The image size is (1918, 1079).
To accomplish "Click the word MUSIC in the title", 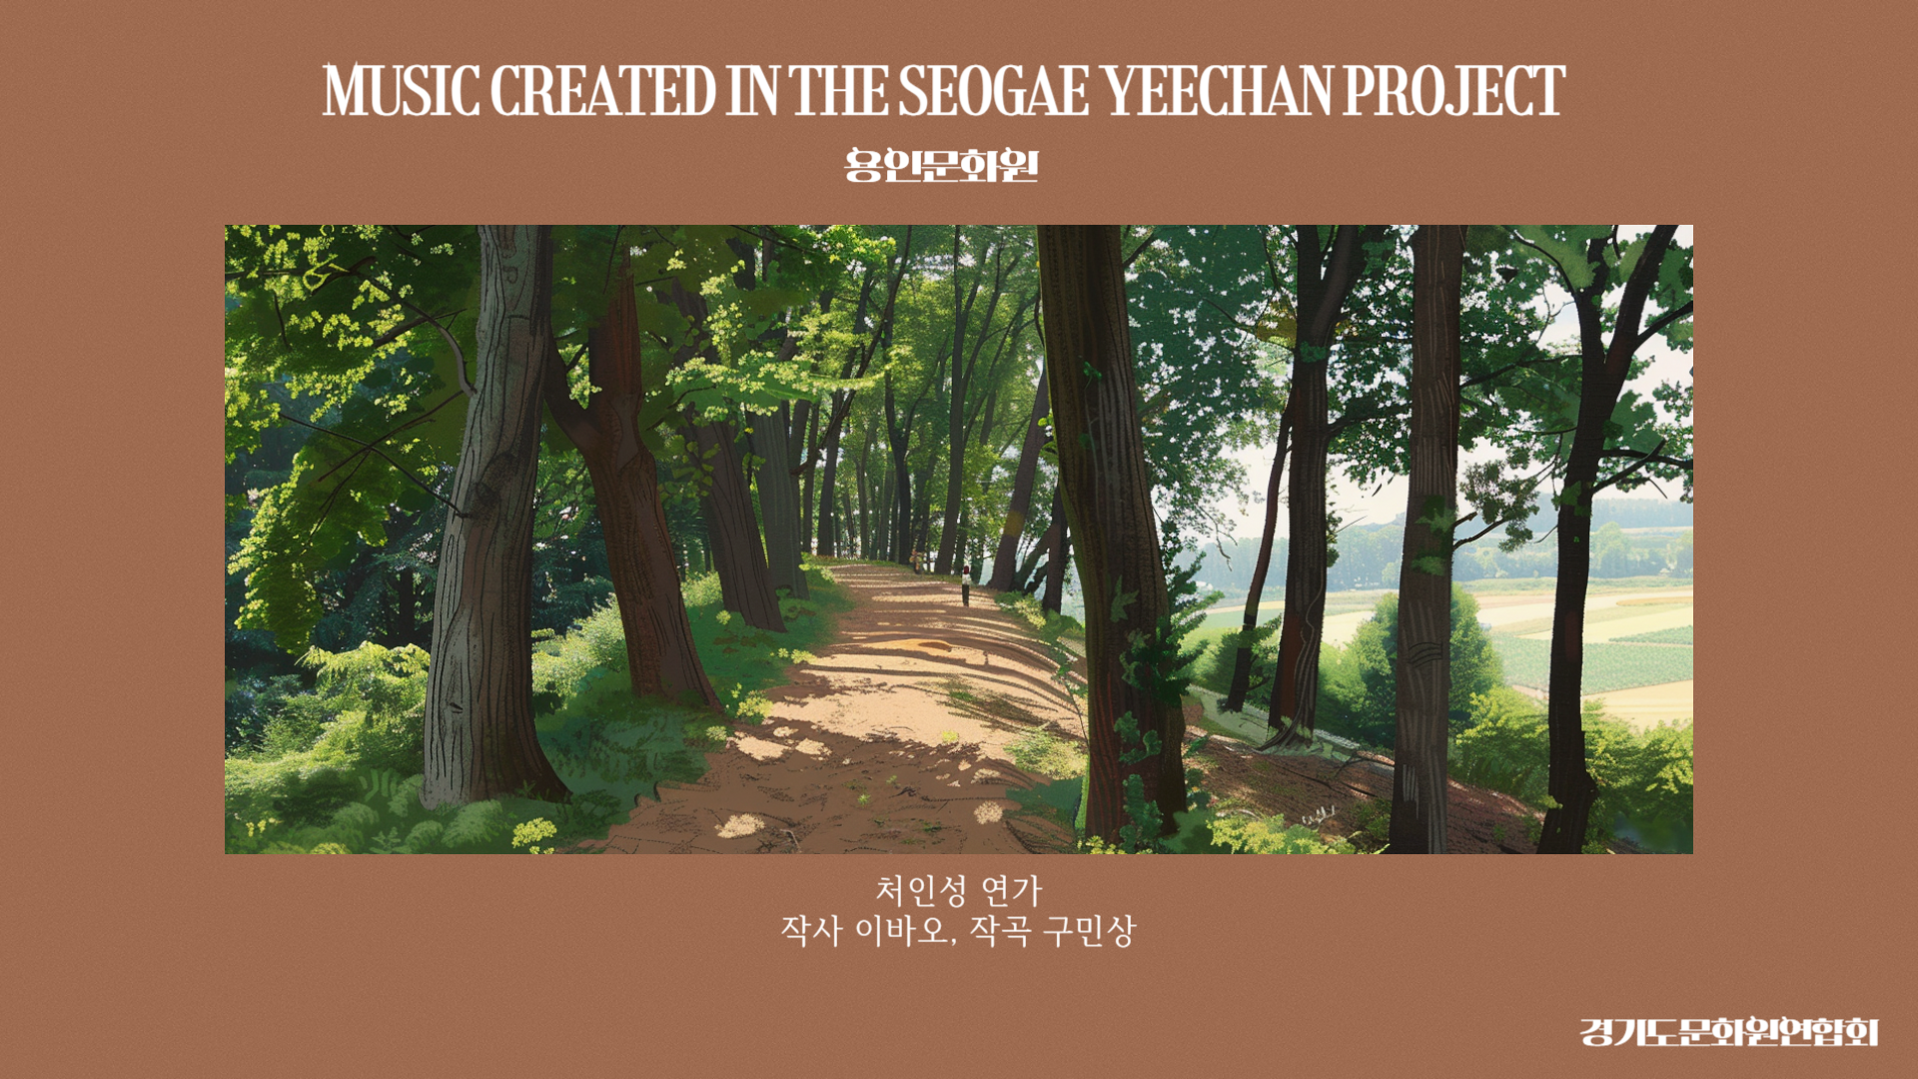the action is [x=401, y=90].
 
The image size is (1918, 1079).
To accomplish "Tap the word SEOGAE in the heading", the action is [x=994, y=90].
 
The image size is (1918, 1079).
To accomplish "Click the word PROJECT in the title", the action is [x=1454, y=90].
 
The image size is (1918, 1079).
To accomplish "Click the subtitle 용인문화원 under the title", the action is [x=942, y=165].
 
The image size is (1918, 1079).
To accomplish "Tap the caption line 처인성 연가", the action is [x=958, y=889].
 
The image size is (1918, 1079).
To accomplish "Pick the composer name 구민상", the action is [x=1090, y=931].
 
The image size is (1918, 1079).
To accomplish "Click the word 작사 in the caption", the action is [x=811, y=931].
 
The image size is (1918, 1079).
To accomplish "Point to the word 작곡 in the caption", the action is [x=1000, y=931].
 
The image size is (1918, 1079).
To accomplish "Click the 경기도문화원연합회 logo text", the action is [x=1729, y=1032].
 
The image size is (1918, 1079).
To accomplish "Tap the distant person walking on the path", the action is [x=966, y=585].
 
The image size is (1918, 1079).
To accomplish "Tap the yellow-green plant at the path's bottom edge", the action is [x=533, y=833].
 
